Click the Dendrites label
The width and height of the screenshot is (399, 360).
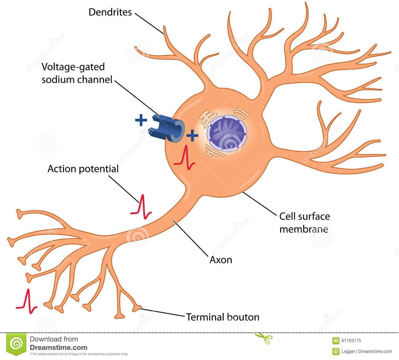110,12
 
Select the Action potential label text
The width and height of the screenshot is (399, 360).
83,169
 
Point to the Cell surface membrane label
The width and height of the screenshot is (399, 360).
304,222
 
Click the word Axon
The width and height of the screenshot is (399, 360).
221,260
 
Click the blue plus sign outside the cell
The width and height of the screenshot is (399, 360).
141,121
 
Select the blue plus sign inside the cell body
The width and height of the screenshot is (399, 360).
192,135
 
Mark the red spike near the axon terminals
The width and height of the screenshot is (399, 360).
27,301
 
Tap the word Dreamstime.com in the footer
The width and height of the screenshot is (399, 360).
58,348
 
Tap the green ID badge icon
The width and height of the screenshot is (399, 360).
335,340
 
